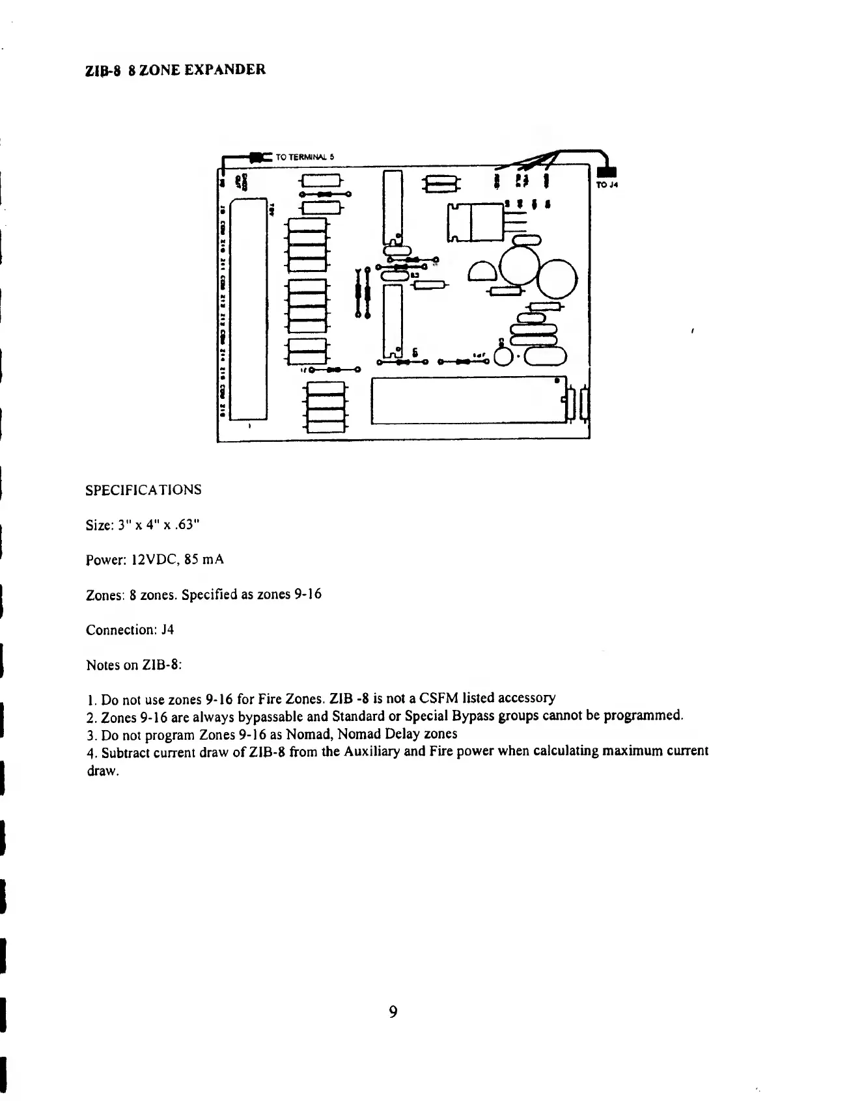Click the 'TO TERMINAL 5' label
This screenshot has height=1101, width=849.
(x=305, y=157)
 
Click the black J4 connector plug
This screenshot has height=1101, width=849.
(x=606, y=172)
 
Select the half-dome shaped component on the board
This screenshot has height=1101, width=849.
(x=482, y=270)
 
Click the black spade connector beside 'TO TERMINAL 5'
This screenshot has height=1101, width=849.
(x=261, y=157)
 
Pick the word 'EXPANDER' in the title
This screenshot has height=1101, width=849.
(x=226, y=69)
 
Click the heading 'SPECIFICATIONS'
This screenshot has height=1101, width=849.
(x=143, y=489)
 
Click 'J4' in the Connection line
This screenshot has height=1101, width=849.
(x=167, y=630)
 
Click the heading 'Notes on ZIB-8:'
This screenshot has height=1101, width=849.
(x=134, y=665)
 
